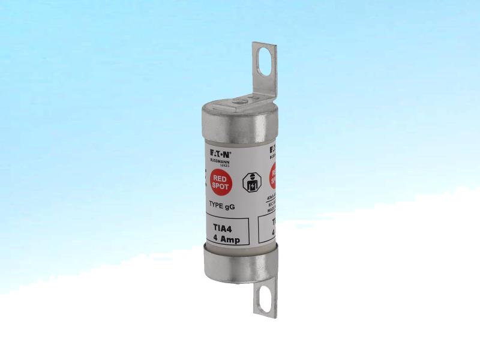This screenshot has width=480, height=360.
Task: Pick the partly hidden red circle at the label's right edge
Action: [274, 175]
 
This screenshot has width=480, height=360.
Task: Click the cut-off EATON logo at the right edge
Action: [273, 148]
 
